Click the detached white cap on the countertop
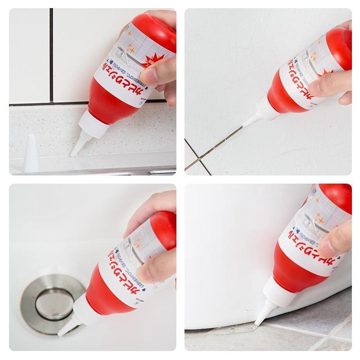pos(31,154)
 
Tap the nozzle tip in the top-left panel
pos(72,154)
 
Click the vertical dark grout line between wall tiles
pos(52,54)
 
